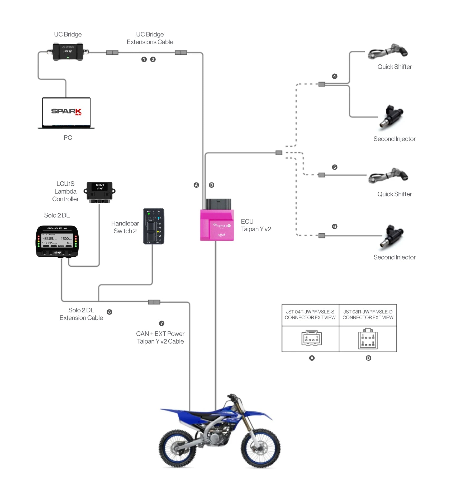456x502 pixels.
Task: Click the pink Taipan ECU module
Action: click(x=217, y=225)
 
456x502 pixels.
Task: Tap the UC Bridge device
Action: click(x=68, y=52)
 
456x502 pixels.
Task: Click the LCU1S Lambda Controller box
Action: click(x=99, y=192)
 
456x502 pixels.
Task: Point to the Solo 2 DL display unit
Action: click(x=57, y=241)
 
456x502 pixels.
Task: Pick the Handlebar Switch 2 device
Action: click(x=154, y=226)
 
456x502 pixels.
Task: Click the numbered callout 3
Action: click(x=109, y=312)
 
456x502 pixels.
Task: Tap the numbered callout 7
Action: click(x=161, y=323)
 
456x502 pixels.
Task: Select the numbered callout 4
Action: click(x=335, y=76)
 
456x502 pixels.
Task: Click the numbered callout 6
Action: click(x=335, y=227)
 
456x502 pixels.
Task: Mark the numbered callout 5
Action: click(x=335, y=167)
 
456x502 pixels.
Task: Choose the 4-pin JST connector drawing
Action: click(x=312, y=338)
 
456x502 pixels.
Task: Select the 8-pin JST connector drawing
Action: click(x=368, y=339)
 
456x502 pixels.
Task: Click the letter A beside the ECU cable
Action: click(x=196, y=185)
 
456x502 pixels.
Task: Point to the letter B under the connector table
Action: click(x=368, y=358)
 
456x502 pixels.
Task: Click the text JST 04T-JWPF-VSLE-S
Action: click(x=310, y=312)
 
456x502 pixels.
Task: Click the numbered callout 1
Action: click(x=144, y=59)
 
